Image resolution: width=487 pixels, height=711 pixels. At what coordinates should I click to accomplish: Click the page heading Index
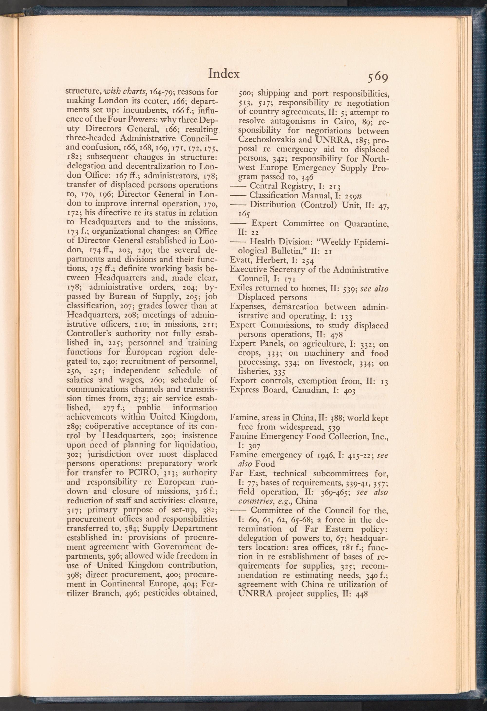tap(224, 74)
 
